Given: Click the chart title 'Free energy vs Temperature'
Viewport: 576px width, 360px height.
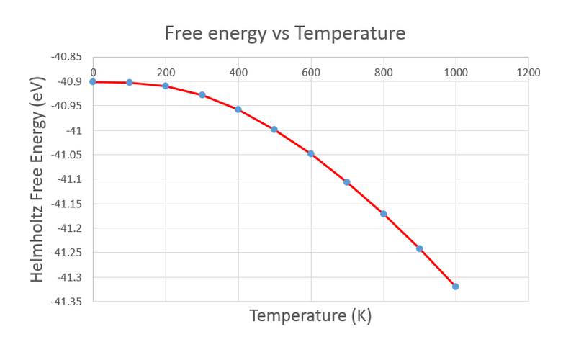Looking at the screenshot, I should pos(285,33).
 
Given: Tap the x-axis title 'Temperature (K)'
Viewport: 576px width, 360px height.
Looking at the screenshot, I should pos(310,315).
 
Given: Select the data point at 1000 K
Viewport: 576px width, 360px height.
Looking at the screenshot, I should pos(456,287).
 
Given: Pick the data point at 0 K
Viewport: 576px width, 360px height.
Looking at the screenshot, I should pos(93,81).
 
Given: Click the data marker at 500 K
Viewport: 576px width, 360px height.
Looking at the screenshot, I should pos(274,130).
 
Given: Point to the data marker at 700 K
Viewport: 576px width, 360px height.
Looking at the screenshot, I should pos(347,182).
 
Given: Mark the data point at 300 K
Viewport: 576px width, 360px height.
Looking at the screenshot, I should pos(202,95).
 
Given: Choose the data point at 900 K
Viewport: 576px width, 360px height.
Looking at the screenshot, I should pos(420,248).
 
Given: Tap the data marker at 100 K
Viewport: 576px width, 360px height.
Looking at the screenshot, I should pos(130,82).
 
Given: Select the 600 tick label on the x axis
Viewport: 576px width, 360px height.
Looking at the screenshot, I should pos(310,72).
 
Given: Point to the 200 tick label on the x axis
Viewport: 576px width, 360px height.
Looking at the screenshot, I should pos(166,72).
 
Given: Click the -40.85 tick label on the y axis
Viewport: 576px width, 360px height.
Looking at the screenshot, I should pos(67,58).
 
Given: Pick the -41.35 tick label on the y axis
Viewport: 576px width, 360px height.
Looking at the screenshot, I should pos(67,302).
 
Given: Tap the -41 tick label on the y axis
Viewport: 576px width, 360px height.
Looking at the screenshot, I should pos(74,131).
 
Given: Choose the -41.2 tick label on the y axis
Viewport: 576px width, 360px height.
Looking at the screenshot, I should pos(70,228).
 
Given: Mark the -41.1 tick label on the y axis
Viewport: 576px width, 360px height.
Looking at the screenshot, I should pos(70,179).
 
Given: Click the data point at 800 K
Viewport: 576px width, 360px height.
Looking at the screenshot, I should pos(383,214).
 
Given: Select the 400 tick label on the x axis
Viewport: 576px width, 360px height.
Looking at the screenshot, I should pos(238,72).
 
